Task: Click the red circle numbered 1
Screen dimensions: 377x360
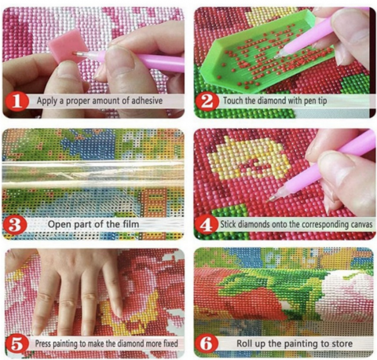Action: tap(16, 101)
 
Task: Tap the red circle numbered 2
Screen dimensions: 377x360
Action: tap(207, 101)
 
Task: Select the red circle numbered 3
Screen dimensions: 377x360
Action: tap(15, 225)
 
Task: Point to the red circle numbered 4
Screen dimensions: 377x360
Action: tap(207, 225)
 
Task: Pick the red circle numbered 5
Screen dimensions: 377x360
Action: tap(16, 344)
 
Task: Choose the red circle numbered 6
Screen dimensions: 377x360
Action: tap(207, 343)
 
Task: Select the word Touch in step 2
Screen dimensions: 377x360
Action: tap(232, 101)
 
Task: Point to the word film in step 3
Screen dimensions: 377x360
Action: tap(130, 224)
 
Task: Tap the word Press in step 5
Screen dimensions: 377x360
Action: tap(43, 343)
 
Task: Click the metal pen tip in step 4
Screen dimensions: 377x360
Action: tap(273, 198)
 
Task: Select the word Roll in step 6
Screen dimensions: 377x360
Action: tap(245, 343)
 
